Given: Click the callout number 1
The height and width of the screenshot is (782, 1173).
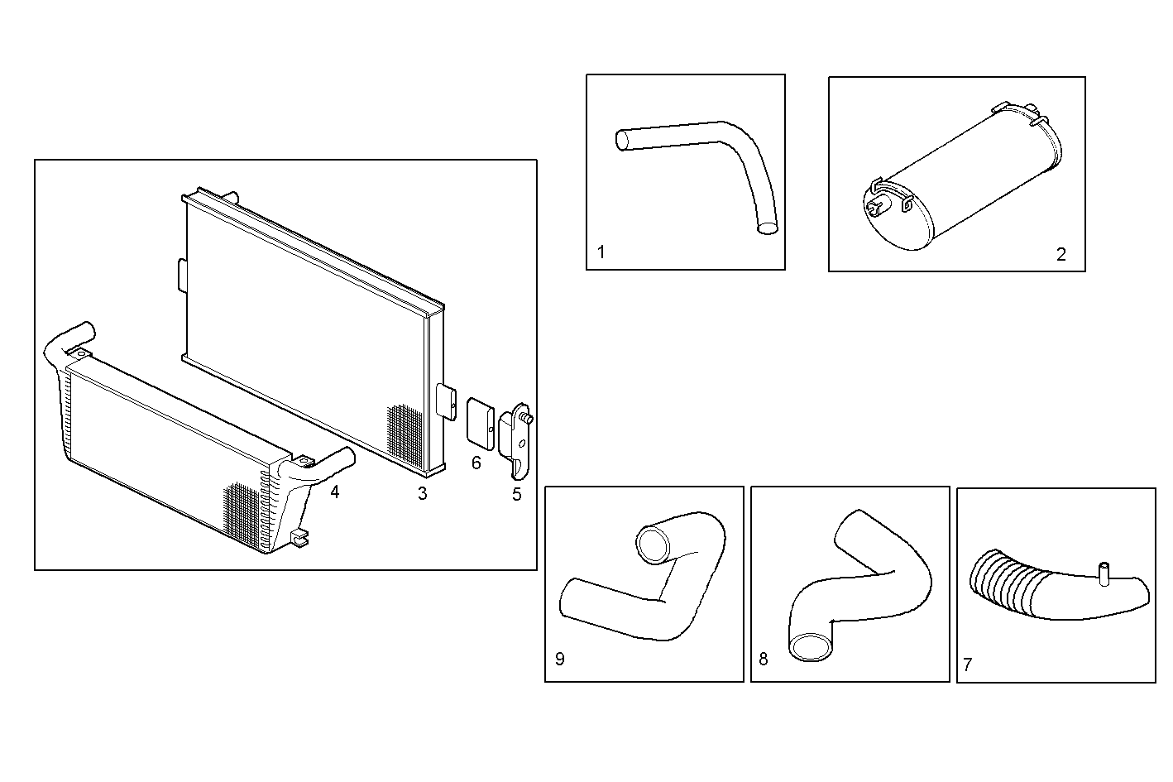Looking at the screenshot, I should coord(601,252).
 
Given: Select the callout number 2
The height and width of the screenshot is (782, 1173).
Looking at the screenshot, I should coord(1061,255).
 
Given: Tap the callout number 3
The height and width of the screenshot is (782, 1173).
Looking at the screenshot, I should coord(422,494).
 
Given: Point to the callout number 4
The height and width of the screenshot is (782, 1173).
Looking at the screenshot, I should coord(334,492).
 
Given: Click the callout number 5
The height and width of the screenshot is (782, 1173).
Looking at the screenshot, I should coord(517,495).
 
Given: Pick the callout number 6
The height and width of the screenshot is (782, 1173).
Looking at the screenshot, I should coord(476,463).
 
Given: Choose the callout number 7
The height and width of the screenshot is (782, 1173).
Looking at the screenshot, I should coord(968,664).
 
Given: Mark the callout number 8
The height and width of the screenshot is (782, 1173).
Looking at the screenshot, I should coord(763,659).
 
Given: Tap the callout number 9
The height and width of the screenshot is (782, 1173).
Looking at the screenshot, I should coord(560,659).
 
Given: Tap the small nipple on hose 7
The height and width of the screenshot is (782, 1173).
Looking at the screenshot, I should coord(1103,573).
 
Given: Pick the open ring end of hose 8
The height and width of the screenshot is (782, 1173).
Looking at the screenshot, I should coord(811,646).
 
